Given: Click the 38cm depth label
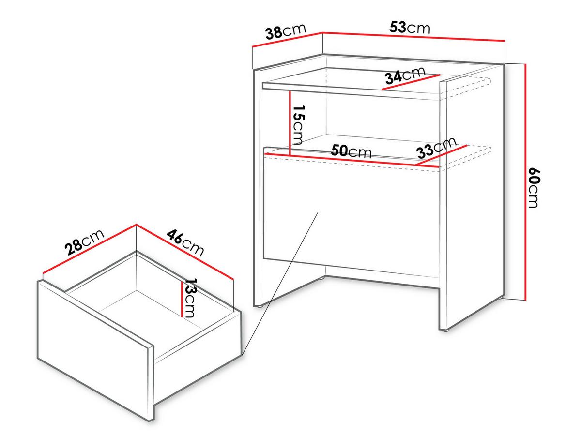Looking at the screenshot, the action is pos(286,31).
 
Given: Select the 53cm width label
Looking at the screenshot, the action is pos(410,28).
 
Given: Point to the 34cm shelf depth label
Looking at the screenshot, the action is pos(405,75).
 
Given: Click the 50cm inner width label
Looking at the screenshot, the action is pos(351,151).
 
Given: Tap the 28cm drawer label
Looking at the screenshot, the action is pos(84,242).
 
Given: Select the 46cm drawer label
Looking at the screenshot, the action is pos(185,243).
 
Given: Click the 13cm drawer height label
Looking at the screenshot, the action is pos(191,298).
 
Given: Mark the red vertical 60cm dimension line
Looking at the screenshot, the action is pos(525,182).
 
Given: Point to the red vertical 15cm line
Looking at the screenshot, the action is pos(290,123).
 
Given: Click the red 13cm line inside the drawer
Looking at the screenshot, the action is pos(182,299).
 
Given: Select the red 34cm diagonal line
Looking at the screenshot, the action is pos(411,82).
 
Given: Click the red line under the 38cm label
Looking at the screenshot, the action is pos(288,40).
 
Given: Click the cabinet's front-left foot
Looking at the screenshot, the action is pos(260,306).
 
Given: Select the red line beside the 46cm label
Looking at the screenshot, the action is pos(185,251).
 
